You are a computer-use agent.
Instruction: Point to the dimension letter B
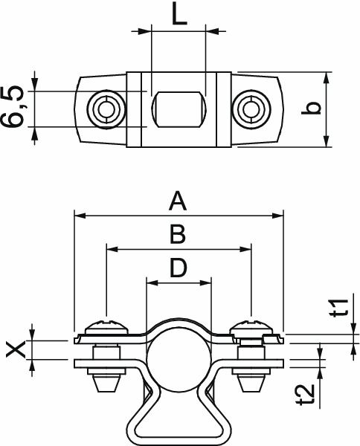176,235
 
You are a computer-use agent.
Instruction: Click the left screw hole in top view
102,109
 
